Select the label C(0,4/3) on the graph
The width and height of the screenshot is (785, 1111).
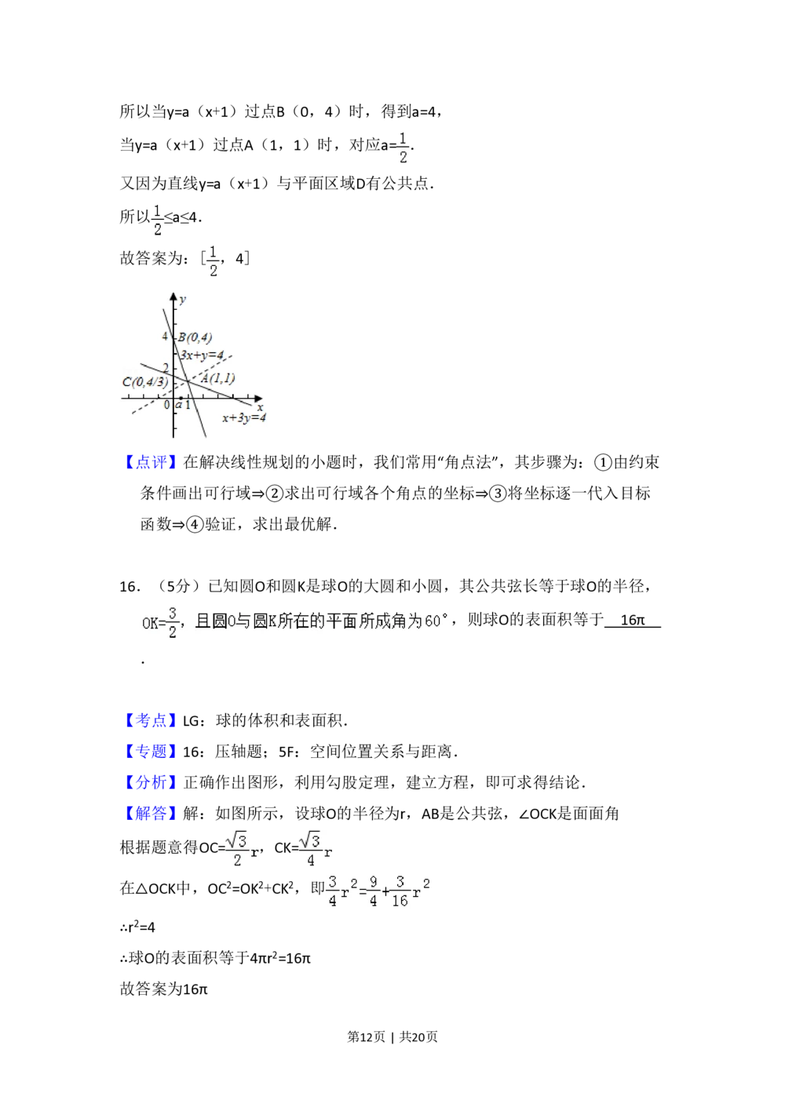(145, 382)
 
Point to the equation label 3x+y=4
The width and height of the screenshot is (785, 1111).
(203, 355)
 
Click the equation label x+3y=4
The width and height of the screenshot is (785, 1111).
(243, 418)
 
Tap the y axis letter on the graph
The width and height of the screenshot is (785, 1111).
(183, 300)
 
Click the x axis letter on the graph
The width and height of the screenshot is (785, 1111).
(259, 407)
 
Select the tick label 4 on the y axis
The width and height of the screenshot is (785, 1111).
(165, 337)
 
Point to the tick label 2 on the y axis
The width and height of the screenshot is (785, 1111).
(165, 367)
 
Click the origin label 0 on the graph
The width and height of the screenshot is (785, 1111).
(166, 405)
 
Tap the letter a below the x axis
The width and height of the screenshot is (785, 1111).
(179, 404)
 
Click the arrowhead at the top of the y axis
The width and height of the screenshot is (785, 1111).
(173, 296)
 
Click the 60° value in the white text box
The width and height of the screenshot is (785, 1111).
(436, 621)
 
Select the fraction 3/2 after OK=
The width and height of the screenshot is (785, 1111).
(173, 622)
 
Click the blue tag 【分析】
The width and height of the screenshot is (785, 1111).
(151, 782)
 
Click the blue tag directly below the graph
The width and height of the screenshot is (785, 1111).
(151, 461)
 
